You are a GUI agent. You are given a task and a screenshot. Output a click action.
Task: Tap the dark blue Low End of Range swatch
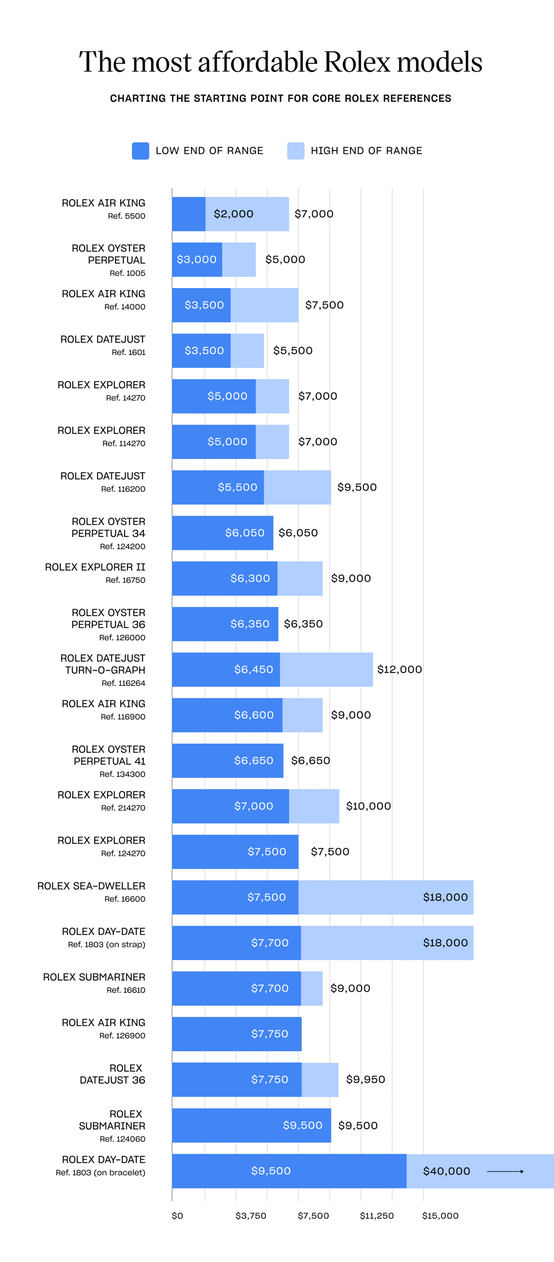140,151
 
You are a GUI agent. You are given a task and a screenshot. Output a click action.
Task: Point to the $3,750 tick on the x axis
251,1215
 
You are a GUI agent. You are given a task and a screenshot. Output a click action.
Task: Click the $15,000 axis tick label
440,1215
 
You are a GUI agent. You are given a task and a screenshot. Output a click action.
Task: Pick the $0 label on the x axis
177,1215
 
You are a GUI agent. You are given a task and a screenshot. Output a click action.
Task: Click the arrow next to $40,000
505,1171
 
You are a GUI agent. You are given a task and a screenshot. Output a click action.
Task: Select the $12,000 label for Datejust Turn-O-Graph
399,669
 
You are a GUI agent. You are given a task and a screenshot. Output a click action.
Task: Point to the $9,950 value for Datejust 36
365,1079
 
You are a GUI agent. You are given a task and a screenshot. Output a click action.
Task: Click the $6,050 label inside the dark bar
244,533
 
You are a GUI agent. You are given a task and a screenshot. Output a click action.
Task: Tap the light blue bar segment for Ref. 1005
239,260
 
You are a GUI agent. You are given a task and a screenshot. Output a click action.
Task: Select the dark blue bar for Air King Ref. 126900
236,1034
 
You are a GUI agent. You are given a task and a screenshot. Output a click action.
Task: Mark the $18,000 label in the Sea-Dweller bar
445,897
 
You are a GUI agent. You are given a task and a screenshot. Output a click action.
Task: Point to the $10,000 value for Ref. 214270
368,806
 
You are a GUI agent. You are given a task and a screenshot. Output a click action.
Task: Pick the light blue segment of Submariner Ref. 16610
312,988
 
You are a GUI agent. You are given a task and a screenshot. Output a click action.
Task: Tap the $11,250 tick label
377,1215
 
